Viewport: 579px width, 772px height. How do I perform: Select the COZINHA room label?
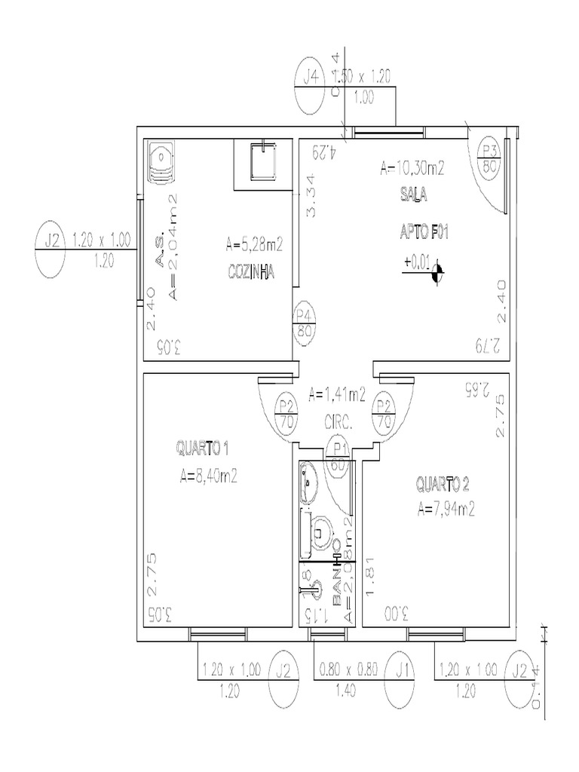(x=250, y=271)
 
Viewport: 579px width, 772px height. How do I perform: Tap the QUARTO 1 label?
(x=203, y=449)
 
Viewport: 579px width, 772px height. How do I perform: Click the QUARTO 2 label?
(x=444, y=482)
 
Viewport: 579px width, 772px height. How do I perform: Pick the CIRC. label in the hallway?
(x=339, y=423)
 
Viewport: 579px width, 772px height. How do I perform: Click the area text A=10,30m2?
(x=412, y=168)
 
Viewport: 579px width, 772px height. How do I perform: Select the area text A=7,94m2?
(x=446, y=509)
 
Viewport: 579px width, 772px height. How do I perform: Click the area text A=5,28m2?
(x=253, y=244)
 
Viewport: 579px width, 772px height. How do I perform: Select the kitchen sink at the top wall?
(x=260, y=161)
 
